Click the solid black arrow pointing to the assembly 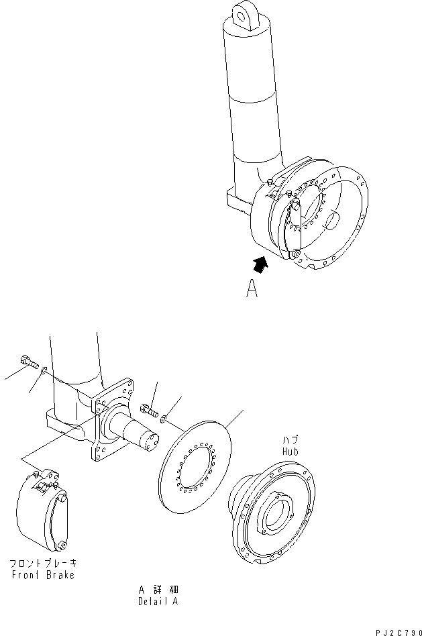tap(262, 262)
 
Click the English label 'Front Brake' tap(42, 575)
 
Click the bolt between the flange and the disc tap(149, 407)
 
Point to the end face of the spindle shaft tap(152, 441)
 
